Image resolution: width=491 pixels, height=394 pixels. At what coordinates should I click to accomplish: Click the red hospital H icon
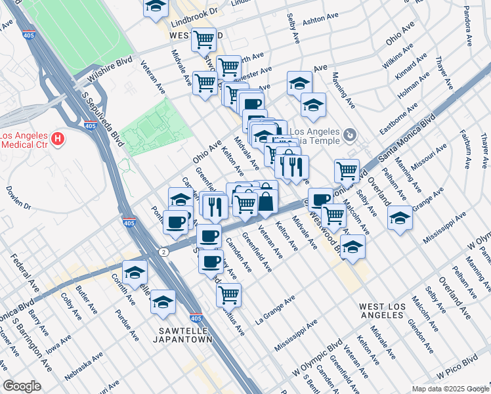click(58, 139)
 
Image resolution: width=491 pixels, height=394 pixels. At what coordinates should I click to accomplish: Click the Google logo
click(22, 387)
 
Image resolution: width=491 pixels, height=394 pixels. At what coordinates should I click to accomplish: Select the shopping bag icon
click(266, 201)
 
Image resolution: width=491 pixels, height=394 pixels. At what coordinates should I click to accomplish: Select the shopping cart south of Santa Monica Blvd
click(228, 295)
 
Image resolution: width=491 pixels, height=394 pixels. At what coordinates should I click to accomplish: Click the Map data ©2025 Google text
click(450, 389)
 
